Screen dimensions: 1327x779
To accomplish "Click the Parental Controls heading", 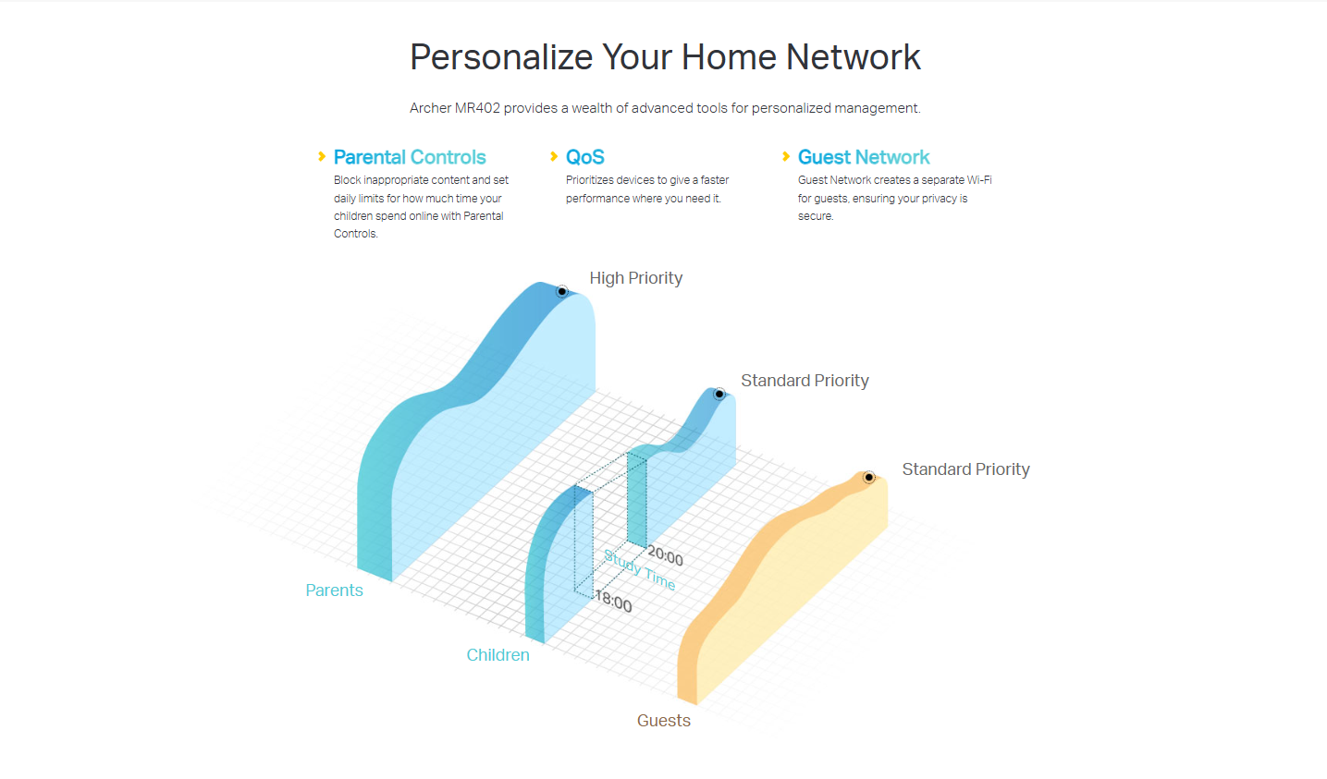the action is (410, 157).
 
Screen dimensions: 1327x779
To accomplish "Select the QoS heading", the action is (584, 157).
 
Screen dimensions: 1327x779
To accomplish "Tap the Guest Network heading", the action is (864, 157).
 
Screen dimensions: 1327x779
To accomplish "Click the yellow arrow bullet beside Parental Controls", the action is (322, 156).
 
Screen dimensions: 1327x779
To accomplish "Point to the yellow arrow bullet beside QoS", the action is (554, 156).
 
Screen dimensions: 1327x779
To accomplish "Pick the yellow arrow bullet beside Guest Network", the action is (786, 156).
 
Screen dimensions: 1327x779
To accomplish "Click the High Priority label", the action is (635, 278).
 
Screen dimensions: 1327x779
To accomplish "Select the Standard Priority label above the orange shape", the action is (965, 469).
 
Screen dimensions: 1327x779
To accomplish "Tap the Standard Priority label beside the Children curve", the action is (805, 381).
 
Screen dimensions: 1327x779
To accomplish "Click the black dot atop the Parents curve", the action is (561, 291).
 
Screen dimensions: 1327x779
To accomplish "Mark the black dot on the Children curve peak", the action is (719, 394).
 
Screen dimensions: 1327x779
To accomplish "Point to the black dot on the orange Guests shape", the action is (868, 477).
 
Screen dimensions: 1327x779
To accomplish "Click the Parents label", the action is (334, 590).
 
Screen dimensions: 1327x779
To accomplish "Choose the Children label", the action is (498, 655).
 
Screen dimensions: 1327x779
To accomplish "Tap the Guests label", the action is (664, 721).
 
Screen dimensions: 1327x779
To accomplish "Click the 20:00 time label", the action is (665, 556).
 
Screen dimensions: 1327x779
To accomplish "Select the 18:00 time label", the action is (614, 601).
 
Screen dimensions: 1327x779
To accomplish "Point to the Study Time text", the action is (639, 570).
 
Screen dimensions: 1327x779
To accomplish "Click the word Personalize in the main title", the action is (501, 58).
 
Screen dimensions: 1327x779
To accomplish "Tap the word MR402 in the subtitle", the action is (477, 108).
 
